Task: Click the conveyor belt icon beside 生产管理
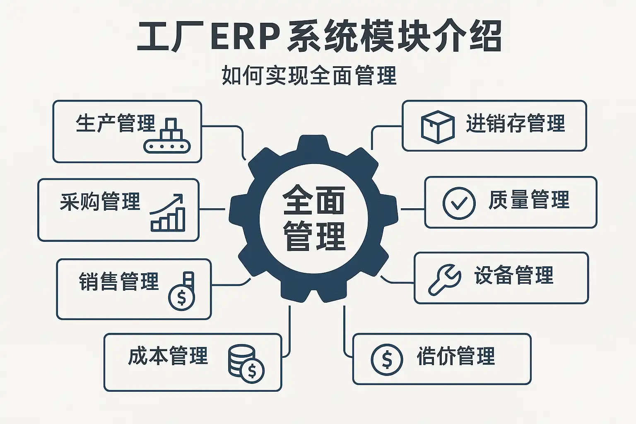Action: coord(167,136)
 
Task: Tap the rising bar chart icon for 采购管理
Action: coord(168,213)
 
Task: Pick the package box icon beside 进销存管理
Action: coord(437,126)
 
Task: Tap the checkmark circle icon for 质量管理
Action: coord(458,203)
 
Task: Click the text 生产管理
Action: coord(115,123)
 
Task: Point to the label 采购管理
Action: coord(100,201)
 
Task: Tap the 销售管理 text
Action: coord(119,281)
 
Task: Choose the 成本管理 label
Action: coord(168,356)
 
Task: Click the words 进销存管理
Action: coord(516,123)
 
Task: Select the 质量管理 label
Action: coord(529,200)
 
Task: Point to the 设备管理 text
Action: coord(514,275)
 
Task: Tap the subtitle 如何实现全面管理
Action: coord(309,75)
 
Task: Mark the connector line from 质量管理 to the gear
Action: coord(412,209)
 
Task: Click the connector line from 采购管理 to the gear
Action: coord(212,209)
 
